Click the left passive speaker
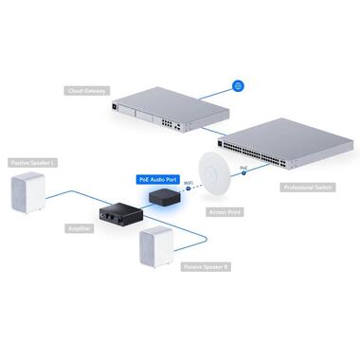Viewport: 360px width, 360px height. (x=27, y=194)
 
